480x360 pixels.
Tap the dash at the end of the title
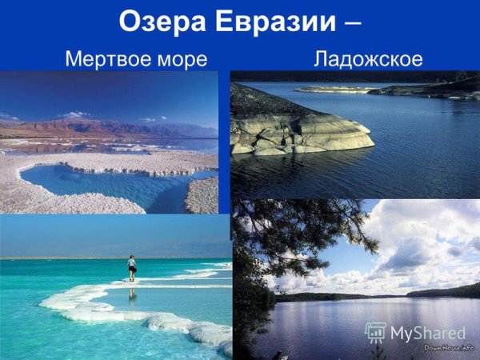350,22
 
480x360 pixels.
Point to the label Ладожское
368,60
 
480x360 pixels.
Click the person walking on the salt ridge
131,267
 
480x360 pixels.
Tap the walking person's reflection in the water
131,294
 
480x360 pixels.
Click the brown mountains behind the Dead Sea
88,127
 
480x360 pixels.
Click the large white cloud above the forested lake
416,240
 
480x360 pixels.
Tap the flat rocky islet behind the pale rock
336,89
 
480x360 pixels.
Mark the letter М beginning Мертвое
73,59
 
